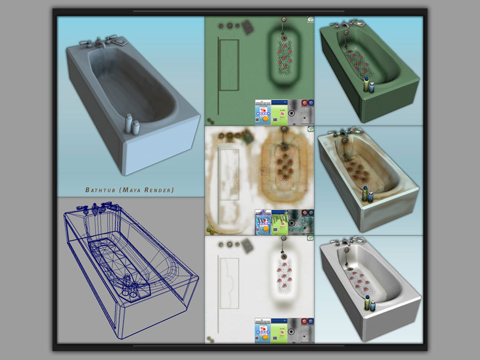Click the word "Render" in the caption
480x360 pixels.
tap(157, 190)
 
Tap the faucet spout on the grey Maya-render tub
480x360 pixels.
tap(101, 45)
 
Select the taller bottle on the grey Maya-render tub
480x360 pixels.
tap(128, 124)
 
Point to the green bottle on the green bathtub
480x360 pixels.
tap(366, 84)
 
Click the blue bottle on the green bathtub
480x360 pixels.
tap(372, 87)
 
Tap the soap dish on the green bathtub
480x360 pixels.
tap(360, 22)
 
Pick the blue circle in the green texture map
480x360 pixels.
tap(310, 103)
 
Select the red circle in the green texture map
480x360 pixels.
tap(304, 103)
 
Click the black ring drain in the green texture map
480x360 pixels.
tap(291, 113)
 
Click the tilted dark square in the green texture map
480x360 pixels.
tap(248, 27)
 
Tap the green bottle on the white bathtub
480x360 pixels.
tap(367, 303)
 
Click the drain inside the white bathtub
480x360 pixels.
tap(349, 268)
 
